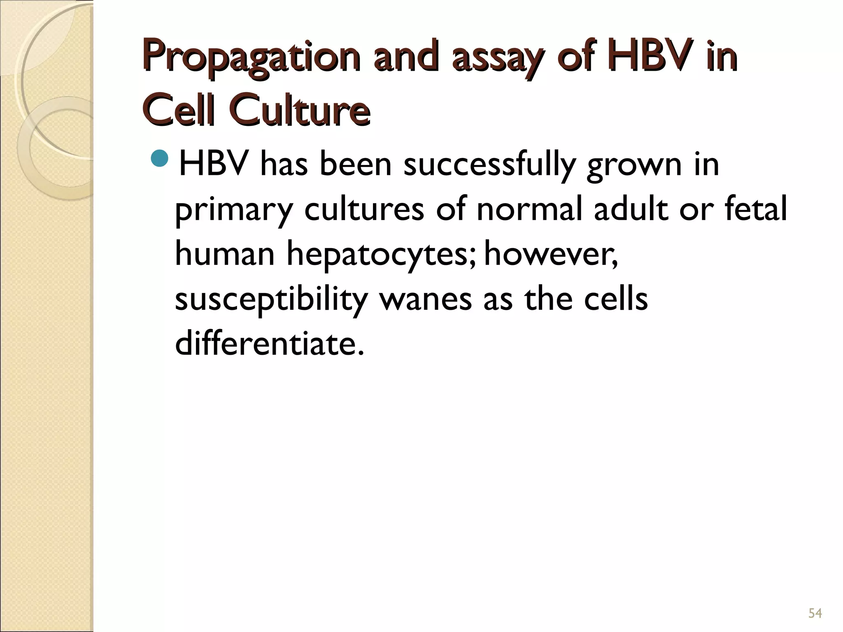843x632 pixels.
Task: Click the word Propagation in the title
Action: point(251,60)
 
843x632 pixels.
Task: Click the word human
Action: point(225,254)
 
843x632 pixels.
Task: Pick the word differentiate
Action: point(270,344)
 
